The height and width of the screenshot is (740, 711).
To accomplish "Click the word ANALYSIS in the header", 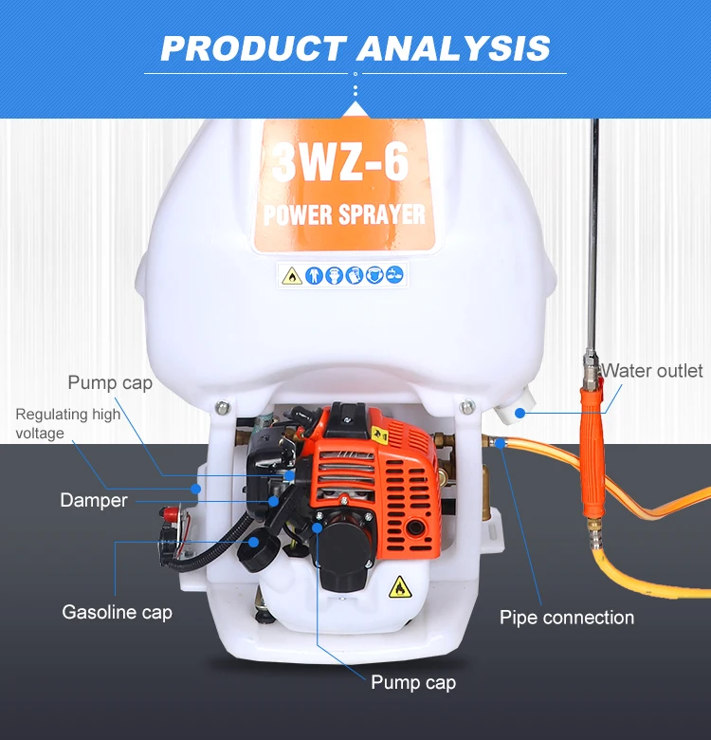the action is point(454,47).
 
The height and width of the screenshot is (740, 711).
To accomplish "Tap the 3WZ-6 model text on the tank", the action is point(340,162).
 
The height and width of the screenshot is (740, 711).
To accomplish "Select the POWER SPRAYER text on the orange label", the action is point(344,214).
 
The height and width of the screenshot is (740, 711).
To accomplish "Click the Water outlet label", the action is point(653,370).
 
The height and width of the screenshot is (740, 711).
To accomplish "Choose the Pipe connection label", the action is point(567,618).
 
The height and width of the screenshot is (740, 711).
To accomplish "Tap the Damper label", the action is point(94,500).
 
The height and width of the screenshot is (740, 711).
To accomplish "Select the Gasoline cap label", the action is point(118,612).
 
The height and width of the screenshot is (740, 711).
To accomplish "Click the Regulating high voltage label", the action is point(67,423).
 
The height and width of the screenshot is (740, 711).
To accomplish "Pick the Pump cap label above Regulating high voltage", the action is point(110,383).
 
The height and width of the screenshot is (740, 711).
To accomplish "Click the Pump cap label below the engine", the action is point(413,682).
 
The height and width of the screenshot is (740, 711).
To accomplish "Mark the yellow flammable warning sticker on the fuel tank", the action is point(399,587).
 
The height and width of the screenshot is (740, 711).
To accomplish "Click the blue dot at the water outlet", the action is point(520,413).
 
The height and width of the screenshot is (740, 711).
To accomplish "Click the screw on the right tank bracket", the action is point(466,407).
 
